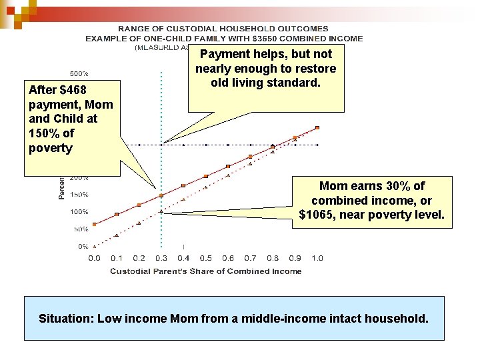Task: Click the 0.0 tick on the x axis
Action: pyautogui.click(x=94, y=258)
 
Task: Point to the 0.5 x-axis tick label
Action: pyautogui.click(x=205, y=258)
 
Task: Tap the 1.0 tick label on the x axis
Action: pyautogui.click(x=317, y=258)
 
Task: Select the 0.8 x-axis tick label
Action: pyautogui.click(x=272, y=258)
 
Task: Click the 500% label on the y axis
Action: pyautogui.click(x=80, y=73)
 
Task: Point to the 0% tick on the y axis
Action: pyautogui.click(x=83, y=246)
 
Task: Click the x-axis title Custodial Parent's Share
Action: pyautogui.click(x=205, y=271)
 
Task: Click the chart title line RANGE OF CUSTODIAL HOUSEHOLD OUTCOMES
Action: pyautogui.click(x=223, y=29)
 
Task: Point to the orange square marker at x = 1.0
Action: pyautogui.click(x=317, y=127)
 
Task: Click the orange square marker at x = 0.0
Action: pyautogui.click(x=95, y=225)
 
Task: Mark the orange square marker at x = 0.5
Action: pyautogui.click(x=205, y=176)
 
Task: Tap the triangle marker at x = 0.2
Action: pyautogui.click(x=139, y=223)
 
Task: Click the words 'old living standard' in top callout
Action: pyautogui.click(x=265, y=83)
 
